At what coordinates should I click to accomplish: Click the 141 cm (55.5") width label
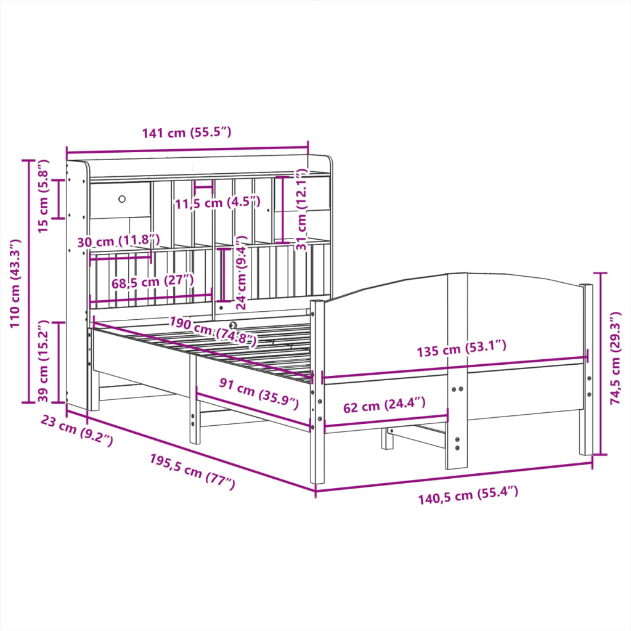(x=186, y=133)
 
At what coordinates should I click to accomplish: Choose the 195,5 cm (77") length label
(x=192, y=471)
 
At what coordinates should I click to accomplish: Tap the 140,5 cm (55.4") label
(x=468, y=495)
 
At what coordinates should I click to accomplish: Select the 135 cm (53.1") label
(x=462, y=349)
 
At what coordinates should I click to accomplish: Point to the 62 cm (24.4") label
(x=385, y=406)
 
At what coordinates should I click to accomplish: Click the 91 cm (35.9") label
(x=259, y=394)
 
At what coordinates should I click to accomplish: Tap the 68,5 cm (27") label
(x=153, y=282)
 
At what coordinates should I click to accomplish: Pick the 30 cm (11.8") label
(x=119, y=241)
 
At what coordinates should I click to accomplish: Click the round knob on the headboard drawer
(x=121, y=199)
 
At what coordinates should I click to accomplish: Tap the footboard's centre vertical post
(x=457, y=370)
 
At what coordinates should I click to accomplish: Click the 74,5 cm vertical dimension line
(x=601, y=364)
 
